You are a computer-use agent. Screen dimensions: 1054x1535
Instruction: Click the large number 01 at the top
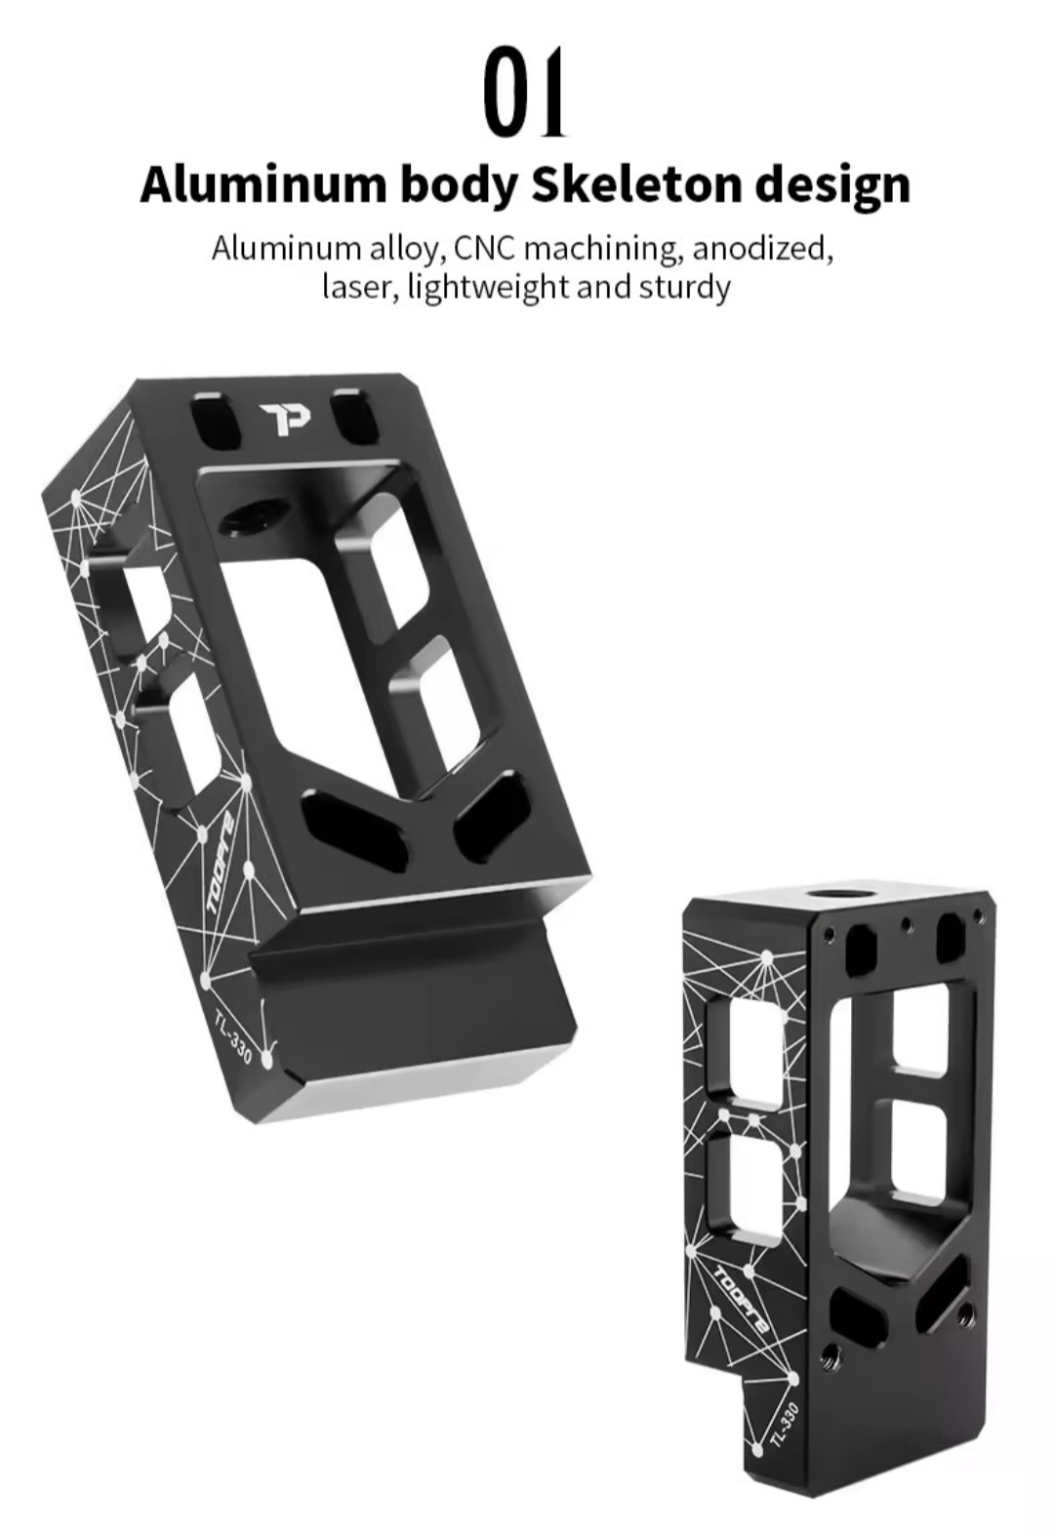point(526,91)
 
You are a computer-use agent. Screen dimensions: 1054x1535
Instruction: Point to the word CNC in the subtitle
point(484,248)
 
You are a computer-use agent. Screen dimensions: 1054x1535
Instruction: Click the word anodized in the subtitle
point(763,248)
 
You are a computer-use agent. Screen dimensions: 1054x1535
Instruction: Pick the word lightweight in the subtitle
point(488,288)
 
